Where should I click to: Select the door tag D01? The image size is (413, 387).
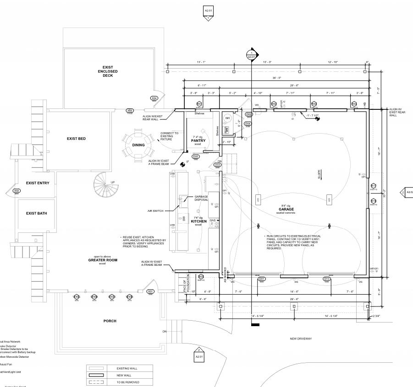(x=262, y=279)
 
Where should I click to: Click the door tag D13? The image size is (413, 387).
(x=327, y=279)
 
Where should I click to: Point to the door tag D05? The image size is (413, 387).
(x=196, y=156)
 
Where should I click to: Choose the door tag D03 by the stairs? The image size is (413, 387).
(x=218, y=165)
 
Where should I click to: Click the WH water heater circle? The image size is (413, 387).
(x=227, y=118)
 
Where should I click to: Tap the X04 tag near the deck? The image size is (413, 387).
(x=154, y=98)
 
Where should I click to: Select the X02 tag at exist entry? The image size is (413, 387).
(x=17, y=191)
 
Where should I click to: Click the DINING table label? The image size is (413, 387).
(x=138, y=145)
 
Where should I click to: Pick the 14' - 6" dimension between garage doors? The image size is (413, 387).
(x=294, y=291)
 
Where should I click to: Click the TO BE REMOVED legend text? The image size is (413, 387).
(x=128, y=382)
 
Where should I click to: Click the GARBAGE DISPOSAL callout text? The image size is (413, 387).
(x=202, y=198)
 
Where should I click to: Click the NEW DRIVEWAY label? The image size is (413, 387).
(x=301, y=339)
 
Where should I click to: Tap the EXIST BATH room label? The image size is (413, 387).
(x=36, y=213)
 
